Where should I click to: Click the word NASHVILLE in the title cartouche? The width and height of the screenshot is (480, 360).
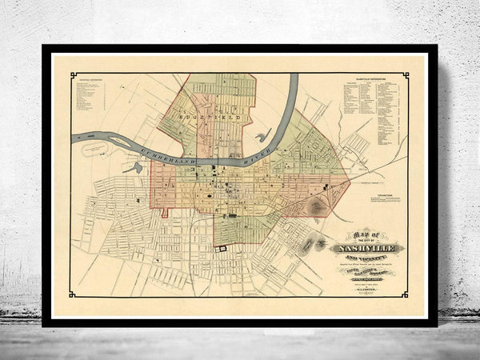[x=367, y=248]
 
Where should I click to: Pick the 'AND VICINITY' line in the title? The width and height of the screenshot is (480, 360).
[x=367, y=258]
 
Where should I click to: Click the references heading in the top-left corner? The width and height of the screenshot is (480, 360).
[x=90, y=79]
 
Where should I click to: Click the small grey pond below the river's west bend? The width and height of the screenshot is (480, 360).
[x=138, y=168]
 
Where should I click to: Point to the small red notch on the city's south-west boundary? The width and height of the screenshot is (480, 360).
[x=165, y=213]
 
